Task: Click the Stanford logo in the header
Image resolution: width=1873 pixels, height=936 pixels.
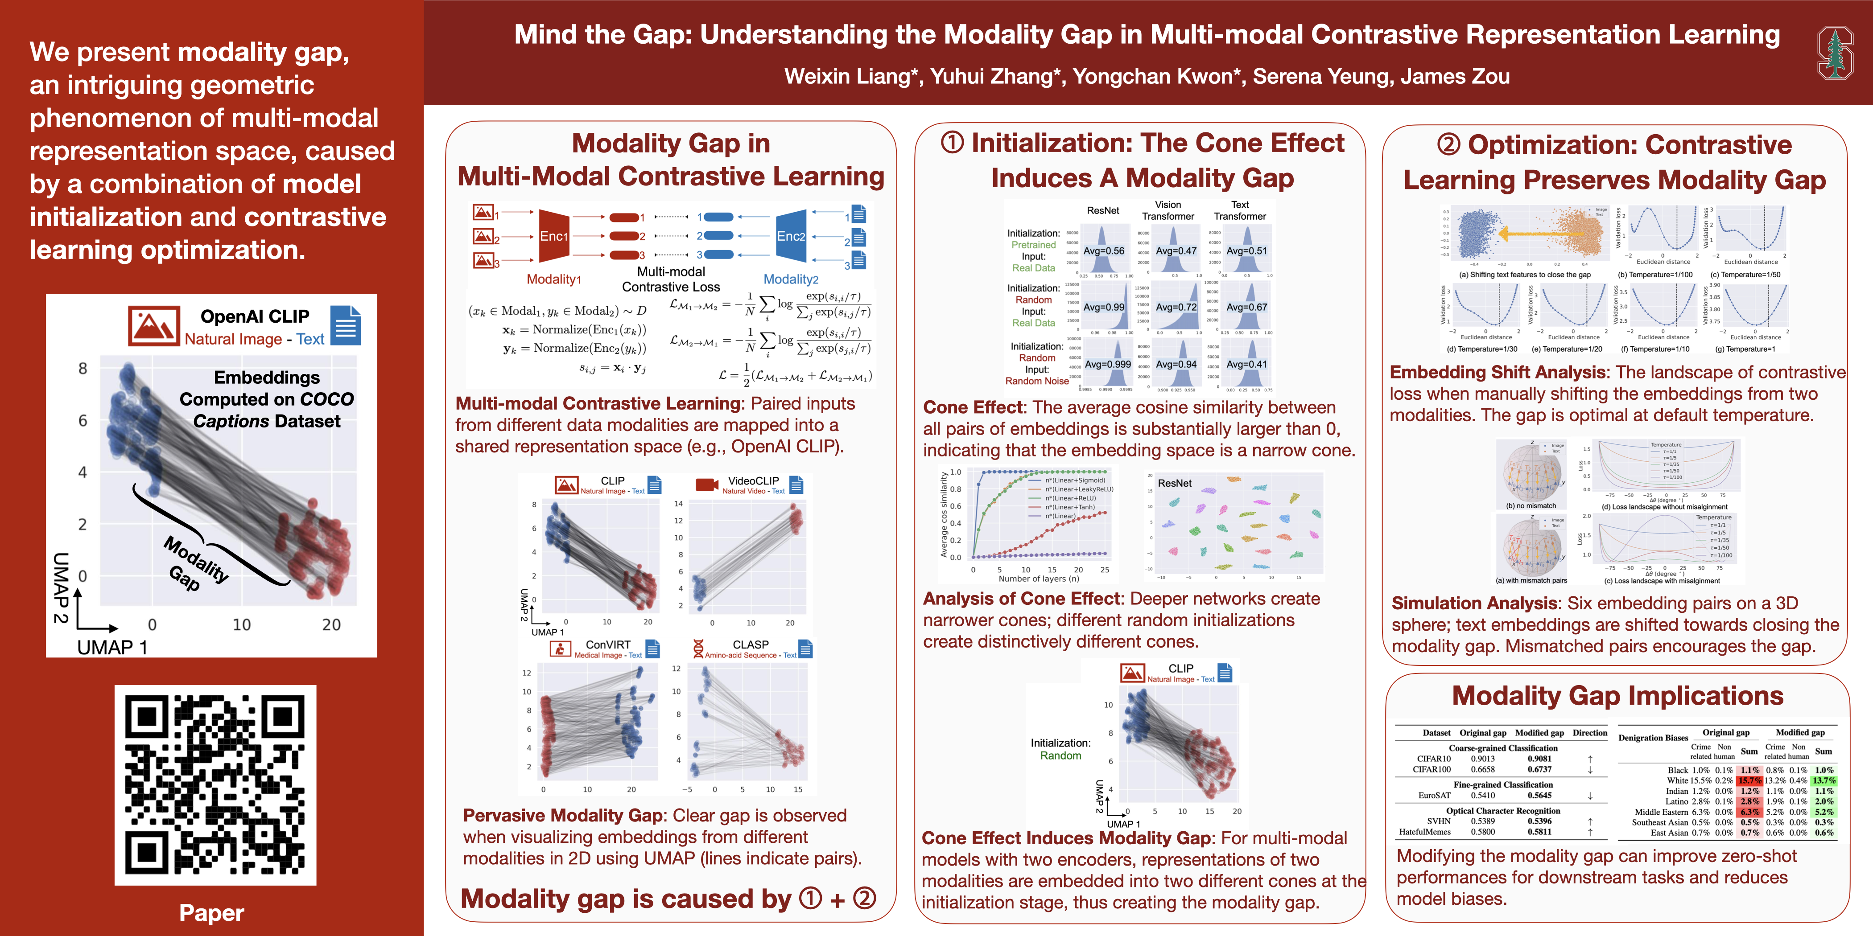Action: [1835, 52]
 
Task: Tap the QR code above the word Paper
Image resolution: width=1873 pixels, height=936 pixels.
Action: [215, 785]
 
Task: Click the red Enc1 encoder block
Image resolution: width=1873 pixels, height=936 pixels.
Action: [554, 236]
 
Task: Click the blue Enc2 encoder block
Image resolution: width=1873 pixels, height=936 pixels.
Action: [791, 236]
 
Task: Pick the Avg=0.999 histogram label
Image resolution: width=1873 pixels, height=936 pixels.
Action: [1107, 365]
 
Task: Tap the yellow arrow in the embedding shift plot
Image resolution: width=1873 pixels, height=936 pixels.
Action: [1542, 234]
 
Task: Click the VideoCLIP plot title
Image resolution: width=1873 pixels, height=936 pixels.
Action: [753, 481]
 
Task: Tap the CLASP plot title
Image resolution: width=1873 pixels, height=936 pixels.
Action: [751, 645]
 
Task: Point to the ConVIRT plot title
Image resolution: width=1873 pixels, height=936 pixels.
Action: [608, 645]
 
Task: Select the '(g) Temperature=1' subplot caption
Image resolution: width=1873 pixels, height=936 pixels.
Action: [1749, 349]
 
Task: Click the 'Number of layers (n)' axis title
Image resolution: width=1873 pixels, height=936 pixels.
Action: [1038, 579]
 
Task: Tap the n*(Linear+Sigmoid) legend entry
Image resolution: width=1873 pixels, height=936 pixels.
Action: [1075, 480]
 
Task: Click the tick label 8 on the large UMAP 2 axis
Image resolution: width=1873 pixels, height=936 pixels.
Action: [83, 369]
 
